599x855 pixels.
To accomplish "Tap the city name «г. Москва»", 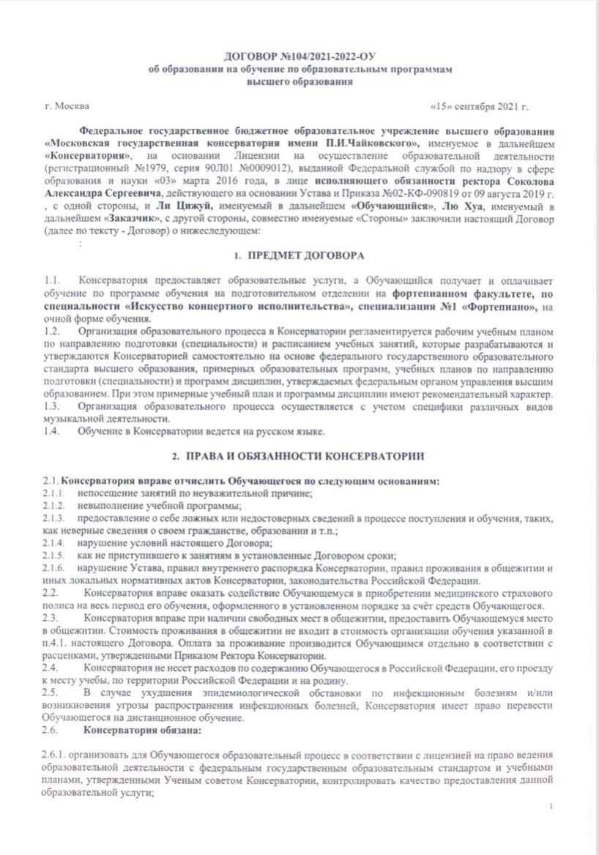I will coord(67,106).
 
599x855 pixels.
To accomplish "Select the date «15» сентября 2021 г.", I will coord(480,106).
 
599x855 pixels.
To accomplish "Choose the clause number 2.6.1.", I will coord(56,755).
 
